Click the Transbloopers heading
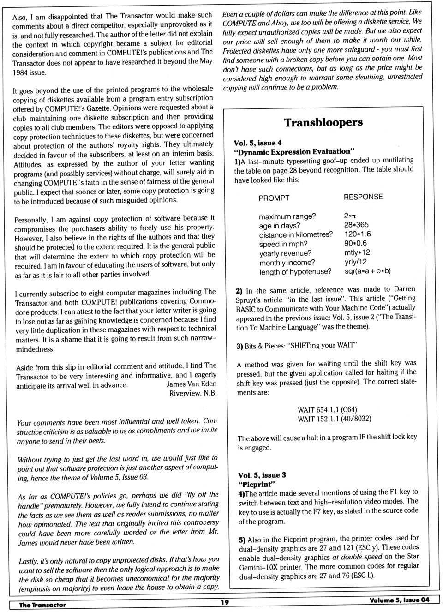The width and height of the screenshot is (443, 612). tap(323, 122)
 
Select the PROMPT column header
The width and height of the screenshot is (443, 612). tap(274, 198)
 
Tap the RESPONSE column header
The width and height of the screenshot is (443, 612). tap(363, 197)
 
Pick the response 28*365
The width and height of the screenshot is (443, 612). tap(356, 225)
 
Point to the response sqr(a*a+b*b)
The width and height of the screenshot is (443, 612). tap(367, 271)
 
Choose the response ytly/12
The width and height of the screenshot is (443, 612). tap(355, 262)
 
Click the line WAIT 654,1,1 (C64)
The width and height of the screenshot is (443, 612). tap(327, 410)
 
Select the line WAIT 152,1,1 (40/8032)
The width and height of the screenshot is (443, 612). tap(335, 419)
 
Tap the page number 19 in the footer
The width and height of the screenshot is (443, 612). tap(225, 602)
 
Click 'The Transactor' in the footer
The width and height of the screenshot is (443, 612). tap(42, 605)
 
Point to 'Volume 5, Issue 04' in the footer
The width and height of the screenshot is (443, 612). tap(399, 600)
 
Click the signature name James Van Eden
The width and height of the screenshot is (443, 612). tap(192, 384)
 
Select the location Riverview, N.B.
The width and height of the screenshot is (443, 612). tap(193, 393)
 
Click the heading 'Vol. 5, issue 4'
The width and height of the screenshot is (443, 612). tap(257, 143)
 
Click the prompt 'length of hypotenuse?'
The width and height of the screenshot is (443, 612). tap(295, 272)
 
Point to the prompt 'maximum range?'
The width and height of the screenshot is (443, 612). tap(287, 216)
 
